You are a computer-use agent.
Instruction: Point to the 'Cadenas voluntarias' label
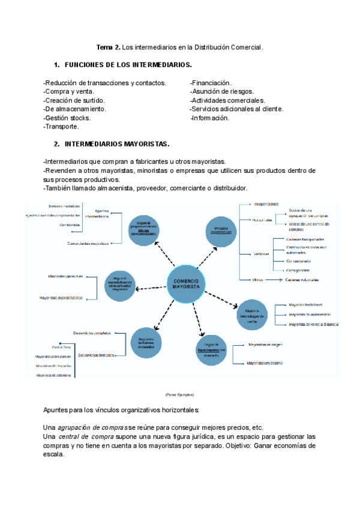(x=302, y=280)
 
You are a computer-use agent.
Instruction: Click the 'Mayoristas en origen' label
(x=265, y=345)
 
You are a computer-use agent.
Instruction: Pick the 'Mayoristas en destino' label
(x=266, y=363)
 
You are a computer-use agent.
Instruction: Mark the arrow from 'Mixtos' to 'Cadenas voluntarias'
(x=274, y=280)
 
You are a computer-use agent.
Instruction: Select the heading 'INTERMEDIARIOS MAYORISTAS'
(x=116, y=144)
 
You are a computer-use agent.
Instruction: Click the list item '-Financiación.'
(x=211, y=83)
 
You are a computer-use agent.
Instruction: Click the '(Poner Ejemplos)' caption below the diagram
(x=179, y=394)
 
